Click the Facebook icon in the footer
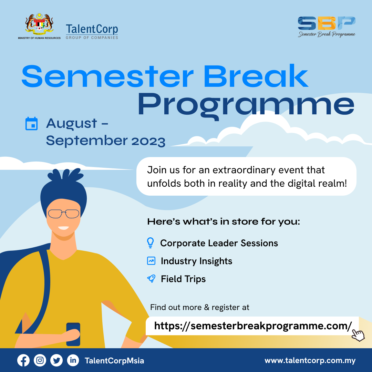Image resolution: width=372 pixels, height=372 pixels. [x=23, y=361]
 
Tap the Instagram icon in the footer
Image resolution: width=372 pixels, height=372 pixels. [x=40, y=361]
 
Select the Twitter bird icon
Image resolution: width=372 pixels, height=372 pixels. [x=56, y=361]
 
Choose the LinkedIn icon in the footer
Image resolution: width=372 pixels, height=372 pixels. [x=73, y=361]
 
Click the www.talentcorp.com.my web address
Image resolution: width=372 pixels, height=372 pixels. [x=310, y=361]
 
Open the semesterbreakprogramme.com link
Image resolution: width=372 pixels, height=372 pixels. [x=253, y=326]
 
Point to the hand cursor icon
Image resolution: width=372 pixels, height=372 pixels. [x=358, y=335]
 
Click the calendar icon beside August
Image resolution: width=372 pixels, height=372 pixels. [x=32, y=123]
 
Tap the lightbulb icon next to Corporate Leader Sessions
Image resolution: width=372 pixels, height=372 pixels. [x=151, y=243]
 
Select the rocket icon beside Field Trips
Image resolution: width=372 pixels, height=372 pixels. [x=151, y=279]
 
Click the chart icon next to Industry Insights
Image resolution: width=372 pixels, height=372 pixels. [x=151, y=261]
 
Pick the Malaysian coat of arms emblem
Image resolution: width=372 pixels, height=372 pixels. [x=39, y=24]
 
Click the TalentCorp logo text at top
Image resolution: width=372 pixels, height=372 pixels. [x=92, y=29]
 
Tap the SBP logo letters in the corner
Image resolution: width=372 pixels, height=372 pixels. [x=327, y=23]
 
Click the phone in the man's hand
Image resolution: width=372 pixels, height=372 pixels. [x=73, y=334]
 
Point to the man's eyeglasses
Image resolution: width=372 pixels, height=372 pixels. [x=64, y=214]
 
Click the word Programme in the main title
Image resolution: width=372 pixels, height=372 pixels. [x=246, y=105]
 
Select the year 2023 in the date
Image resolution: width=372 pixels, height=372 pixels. [x=148, y=141]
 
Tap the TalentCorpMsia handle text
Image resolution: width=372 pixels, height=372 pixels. [x=114, y=361]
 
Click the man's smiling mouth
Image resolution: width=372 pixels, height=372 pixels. [x=64, y=228]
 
